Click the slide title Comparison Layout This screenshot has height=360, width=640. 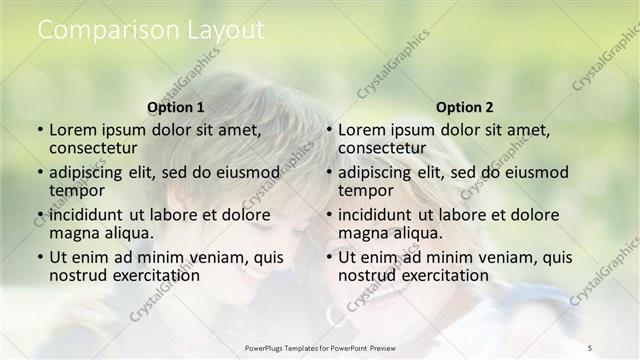(x=151, y=30)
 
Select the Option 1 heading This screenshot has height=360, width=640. (x=176, y=107)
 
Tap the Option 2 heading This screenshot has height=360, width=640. (x=465, y=107)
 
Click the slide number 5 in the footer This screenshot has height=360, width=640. (x=590, y=347)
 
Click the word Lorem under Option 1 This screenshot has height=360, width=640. (x=72, y=130)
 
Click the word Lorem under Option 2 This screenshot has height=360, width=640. (x=361, y=130)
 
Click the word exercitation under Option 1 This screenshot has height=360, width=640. (x=148, y=275)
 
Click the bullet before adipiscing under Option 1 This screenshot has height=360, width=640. (x=40, y=173)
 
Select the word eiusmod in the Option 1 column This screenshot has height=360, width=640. (x=249, y=172)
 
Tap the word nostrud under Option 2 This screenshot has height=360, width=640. (x=367, y=275)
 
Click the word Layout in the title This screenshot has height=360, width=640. (x=230, y=30)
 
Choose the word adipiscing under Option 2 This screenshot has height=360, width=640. (x=375, y=172)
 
